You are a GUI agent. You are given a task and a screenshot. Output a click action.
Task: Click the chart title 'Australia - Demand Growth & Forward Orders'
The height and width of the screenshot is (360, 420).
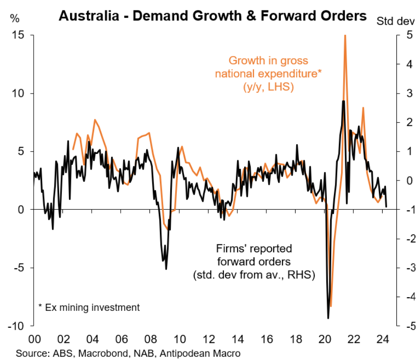[212, 16]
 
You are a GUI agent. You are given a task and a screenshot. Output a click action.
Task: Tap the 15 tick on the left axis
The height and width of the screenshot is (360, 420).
[19, 35]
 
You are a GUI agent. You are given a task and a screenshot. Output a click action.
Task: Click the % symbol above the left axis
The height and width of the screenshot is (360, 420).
[15, 19]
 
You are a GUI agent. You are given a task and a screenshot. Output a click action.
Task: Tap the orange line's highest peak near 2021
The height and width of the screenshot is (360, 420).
[345, 36]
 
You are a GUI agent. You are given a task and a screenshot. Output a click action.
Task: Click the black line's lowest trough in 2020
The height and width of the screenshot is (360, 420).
[328, 318]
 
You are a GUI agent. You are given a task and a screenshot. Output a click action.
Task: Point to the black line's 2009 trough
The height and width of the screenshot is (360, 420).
[166, 269]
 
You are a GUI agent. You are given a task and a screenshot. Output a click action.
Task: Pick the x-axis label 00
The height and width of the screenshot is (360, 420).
[34, 339]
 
